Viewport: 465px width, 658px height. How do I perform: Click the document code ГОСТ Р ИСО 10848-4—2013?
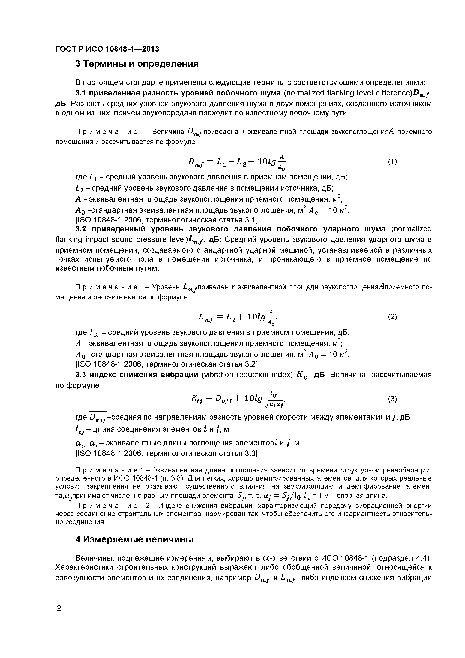[107, 49]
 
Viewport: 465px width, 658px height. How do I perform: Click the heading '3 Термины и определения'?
[137, 64]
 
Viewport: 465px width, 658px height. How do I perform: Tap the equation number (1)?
[392, 162]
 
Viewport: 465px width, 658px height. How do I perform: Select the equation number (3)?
[392, 399]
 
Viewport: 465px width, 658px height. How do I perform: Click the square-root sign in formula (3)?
[265, 404]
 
